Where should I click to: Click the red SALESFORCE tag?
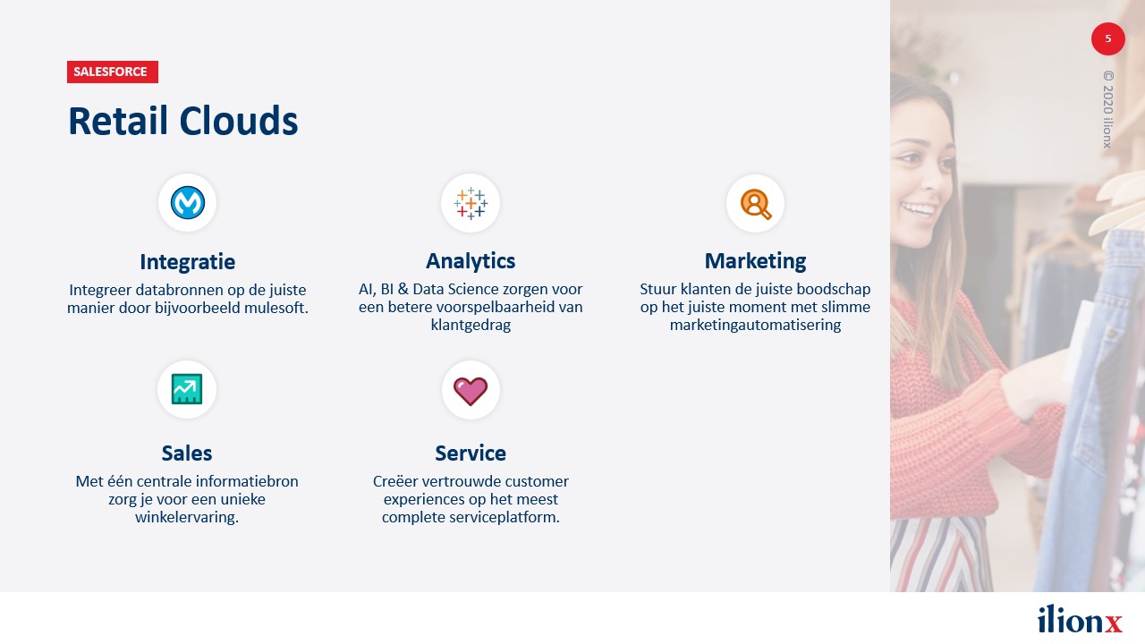click(x=113, y=72)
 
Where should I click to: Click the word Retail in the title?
click(x=118, y=121)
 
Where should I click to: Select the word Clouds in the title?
click(x=239, y=121)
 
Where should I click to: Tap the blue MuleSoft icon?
click(x=188, y=203)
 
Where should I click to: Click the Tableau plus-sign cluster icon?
click(x=471, y=203)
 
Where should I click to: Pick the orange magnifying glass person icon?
click(x=756, y=204)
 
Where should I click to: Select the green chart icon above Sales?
click(x=187, y=389)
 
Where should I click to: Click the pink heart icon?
click(x=471, y=391)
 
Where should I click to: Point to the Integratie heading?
click(x=188, y=262)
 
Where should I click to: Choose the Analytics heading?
click(x=471, y=261)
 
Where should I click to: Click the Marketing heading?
click(x=756, y=261)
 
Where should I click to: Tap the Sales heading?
click(x=187, y=453)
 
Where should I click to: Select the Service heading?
click(x=471, y=453)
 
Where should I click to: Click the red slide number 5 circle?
click(x=1108, y=38)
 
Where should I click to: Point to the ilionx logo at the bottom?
click(x=1080, y=620)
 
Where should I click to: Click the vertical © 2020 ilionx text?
click(x=1107, y=109)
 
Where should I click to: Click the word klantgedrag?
click(x=471, y=325)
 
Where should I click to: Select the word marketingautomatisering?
click(x=756, y=325)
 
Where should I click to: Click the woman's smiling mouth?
click(x=919, y=209)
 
